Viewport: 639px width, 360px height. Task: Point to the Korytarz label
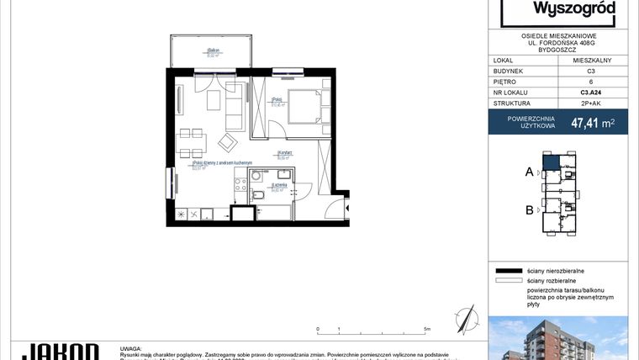(x=284, y=152)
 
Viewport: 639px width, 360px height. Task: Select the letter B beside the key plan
(x=529, y=210)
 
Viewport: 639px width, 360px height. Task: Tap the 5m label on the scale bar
(x=428, y=330)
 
